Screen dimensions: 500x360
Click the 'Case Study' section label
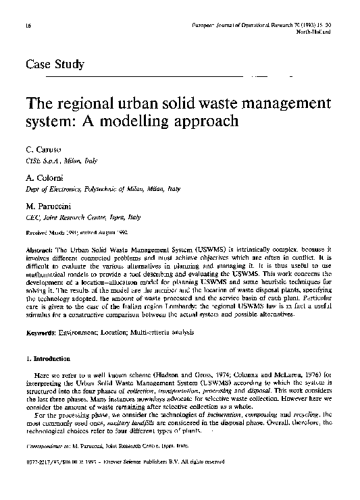pos(54,65)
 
